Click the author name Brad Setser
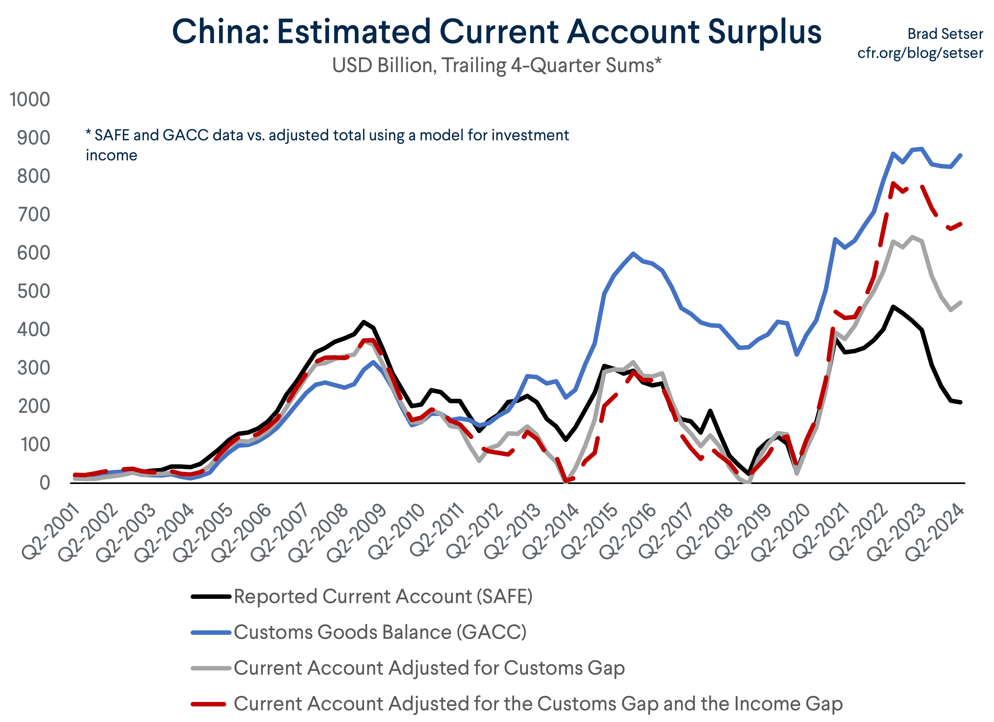point(945,34)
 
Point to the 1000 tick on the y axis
point(30,100)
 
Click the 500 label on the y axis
point(33,291)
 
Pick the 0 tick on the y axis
point(45,483)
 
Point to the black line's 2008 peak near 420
point(363,321)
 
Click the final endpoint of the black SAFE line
point(961,402)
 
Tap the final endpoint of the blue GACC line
point(961,155)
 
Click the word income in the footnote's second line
point(111,155)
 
